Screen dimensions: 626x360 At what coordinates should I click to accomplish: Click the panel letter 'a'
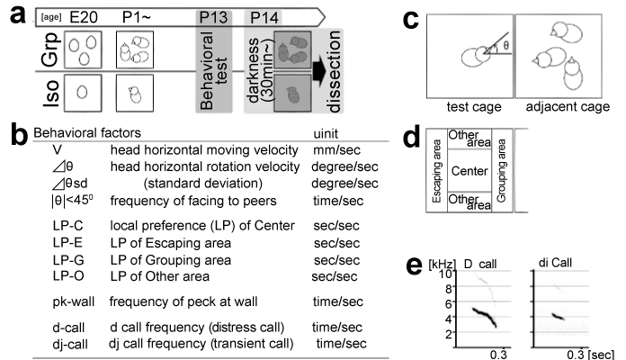pos(18,15)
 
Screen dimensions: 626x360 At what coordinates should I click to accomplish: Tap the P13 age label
pos(213,18)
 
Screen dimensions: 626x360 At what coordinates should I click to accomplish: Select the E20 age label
pos(84,18)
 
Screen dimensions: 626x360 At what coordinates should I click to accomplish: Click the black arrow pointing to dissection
pos(320,71)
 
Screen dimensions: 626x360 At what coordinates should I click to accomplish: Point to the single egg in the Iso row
pos(82,93)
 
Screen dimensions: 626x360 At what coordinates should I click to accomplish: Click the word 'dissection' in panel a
pos(334,71)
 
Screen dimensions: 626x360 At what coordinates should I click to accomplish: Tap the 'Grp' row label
pos(50,49)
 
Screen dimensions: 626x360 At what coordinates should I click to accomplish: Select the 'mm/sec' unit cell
pos(336,150)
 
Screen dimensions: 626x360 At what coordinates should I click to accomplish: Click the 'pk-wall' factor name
pos(74,301)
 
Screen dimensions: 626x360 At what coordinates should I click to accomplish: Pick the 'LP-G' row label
pos(68,260)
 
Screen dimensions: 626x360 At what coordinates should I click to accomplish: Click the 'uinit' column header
pos(326,133)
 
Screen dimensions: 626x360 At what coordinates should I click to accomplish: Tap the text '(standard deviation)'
pos(202,184)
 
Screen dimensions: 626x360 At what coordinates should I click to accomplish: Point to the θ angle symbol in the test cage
pos(505,46)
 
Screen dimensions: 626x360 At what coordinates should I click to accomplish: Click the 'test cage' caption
pos(474,107)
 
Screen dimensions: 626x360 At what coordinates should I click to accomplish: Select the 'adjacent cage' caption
pos(568,107)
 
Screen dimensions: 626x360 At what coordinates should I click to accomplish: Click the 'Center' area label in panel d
pos(469,171)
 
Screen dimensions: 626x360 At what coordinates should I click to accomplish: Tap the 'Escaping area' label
pos(437,171)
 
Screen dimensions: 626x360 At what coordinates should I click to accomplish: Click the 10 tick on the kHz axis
pos(446,274)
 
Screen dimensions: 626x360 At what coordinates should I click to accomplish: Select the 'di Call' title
pos(555,263)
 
